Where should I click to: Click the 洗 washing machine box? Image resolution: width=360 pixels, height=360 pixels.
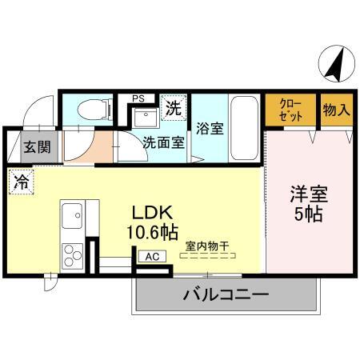173,106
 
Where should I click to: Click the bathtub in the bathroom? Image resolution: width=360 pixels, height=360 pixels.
244,129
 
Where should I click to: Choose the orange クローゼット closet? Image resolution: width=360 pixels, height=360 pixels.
290,110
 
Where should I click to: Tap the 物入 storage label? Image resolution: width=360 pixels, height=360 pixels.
336,110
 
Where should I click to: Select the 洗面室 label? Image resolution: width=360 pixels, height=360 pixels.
163,144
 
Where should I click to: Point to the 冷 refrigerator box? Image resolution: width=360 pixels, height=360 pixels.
21,181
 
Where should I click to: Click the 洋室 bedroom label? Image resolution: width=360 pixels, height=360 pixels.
308,194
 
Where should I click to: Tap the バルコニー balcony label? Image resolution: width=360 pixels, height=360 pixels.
226,295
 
